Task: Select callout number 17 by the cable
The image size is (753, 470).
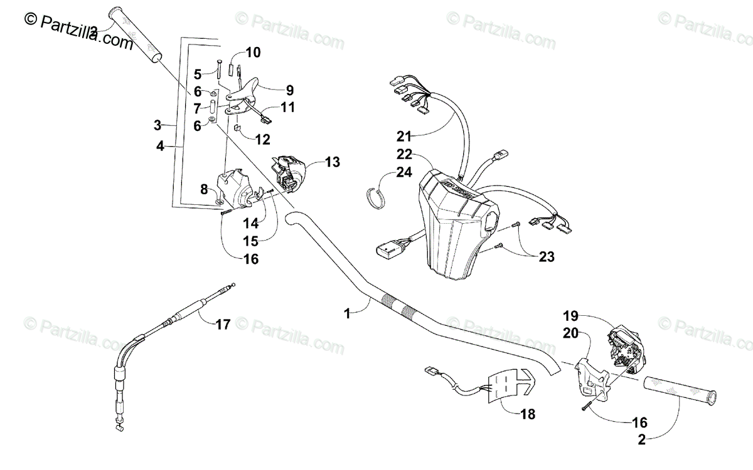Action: click(223, 324)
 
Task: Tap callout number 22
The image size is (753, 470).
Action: click(405, 154)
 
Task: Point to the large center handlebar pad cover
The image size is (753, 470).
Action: click(455, 219)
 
